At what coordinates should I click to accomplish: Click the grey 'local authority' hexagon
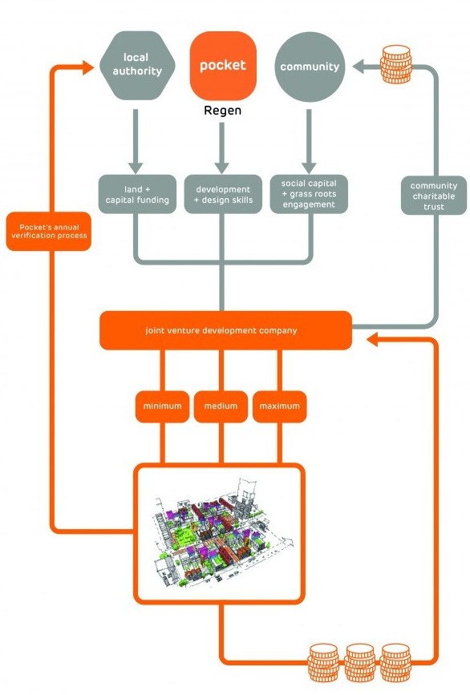coord(137,65)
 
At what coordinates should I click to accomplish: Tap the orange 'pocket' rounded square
coord(223,66)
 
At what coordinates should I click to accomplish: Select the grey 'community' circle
coord(310,67)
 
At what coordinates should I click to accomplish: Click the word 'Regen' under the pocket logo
coord(223,111)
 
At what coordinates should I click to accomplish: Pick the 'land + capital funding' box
coord(137,194)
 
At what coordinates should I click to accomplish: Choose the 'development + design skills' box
coord(223,194)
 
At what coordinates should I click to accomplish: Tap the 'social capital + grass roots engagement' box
coord(309,194)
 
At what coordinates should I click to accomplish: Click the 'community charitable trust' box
coord(433,196)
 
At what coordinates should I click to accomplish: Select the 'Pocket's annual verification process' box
coord(49,232)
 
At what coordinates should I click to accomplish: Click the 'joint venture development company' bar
coord(225,330)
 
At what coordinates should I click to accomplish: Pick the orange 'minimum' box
coord(162,406)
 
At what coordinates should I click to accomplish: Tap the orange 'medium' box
coord(221,406)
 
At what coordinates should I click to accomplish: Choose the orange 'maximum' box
coord(279,406)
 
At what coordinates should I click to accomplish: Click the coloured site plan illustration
coord(221,533)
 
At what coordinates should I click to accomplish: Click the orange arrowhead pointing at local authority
coord(88,68)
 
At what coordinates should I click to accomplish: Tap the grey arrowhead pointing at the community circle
coord(359,67)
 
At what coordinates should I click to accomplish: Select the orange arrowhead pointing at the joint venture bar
coord(373,340)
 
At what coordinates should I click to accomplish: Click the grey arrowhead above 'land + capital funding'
coord(136,168)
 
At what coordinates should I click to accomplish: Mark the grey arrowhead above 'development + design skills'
coord(221,168)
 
